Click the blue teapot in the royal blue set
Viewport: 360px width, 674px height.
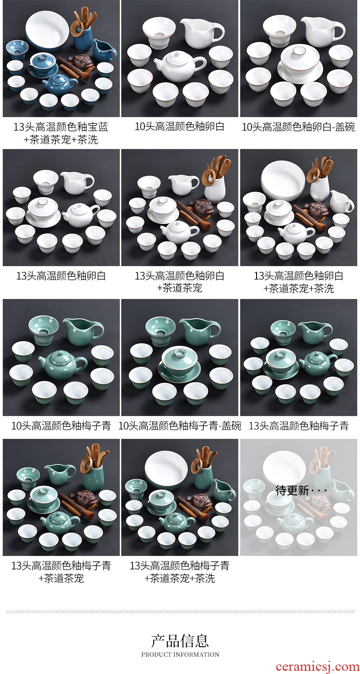pos(56,83)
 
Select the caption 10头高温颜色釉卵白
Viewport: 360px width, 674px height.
pos(180,127)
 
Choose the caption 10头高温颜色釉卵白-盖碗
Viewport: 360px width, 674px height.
pos(298,127)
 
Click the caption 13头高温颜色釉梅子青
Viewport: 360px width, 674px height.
pos(298,426)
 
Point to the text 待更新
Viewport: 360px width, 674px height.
pos(292,491)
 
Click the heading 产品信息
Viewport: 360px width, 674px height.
pos(180,640)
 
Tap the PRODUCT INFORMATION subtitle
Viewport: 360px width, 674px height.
pos(180,654)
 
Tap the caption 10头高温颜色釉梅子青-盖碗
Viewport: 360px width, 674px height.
pos(180,426)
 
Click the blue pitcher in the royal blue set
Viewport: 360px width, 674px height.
pos(104,50)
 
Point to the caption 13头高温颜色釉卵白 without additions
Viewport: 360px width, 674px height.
pos(61,276)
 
